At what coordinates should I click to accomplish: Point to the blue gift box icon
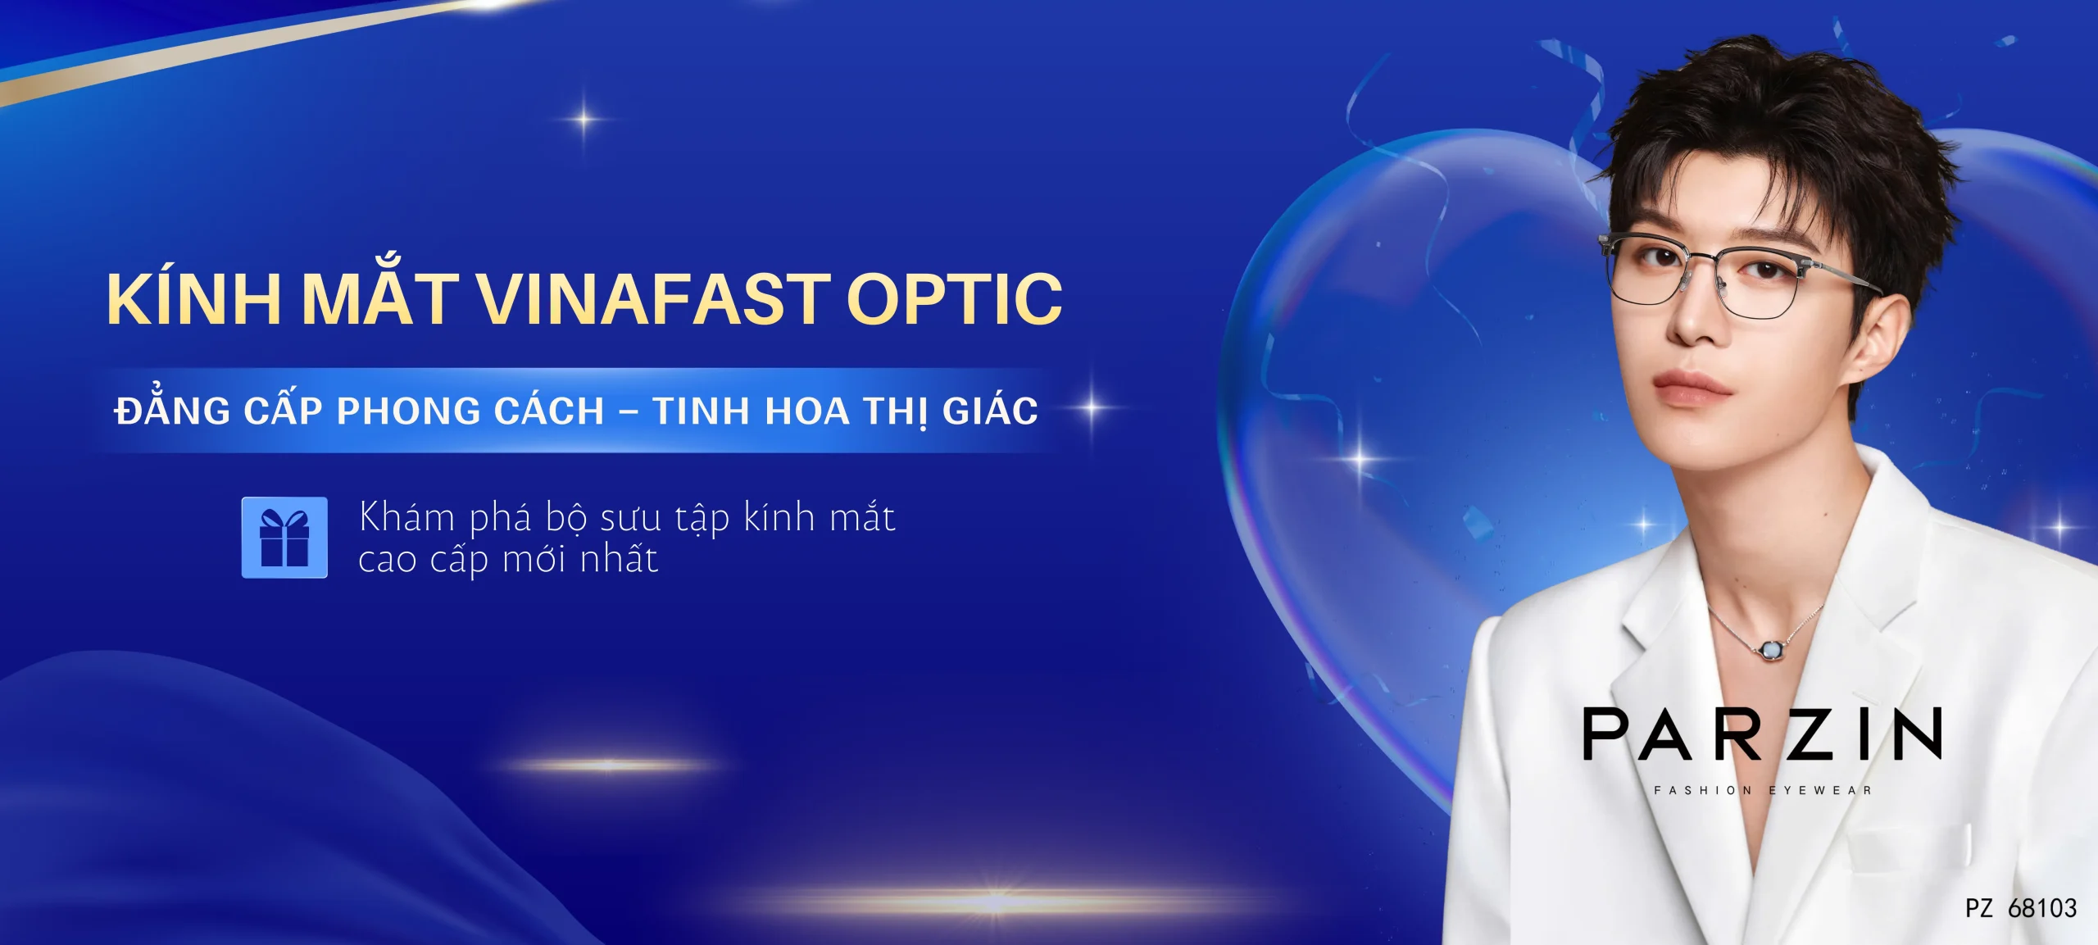click(x=284, y=538)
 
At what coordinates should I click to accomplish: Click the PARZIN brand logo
click(x=1762, y=734)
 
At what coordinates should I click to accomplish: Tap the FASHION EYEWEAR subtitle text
click(x=1763, y=791)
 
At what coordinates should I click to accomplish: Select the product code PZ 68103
click(x=2021, y=908)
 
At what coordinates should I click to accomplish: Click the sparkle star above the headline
click(x=584, y=119)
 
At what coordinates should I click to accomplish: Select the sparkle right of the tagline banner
click(x=1092, y=407)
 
